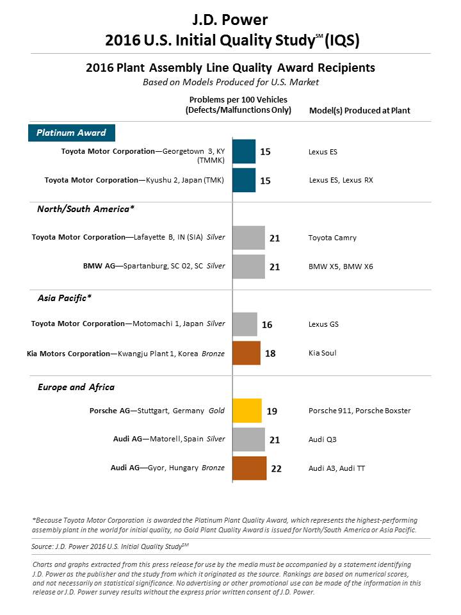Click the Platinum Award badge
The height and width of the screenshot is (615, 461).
[72, 133]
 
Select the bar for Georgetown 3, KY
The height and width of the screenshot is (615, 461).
[244, 151]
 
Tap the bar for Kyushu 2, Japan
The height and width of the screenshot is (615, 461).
[244, 180]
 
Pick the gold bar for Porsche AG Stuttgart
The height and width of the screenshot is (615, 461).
[247, 411]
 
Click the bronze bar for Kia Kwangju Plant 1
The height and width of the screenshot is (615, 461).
[246, 353]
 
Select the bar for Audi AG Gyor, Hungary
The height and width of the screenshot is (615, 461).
[249, 468]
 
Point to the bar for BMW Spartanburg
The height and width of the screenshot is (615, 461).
[248, 266]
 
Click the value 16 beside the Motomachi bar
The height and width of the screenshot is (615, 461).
[267, 325]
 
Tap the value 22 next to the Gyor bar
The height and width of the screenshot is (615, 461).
[277, 469]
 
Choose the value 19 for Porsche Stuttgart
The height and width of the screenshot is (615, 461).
[272, 411]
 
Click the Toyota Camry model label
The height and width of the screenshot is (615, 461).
[332, 238]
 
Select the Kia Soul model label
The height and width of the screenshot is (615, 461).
[322, 353]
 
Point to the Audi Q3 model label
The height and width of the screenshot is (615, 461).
[322, 439]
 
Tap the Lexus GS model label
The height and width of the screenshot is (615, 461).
[323, 324]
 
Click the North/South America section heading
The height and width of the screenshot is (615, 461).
[86, 209]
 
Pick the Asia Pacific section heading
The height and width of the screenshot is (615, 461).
[65, 298]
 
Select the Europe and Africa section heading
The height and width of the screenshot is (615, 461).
[76, 387]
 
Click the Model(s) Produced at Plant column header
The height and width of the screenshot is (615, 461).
[359, 111]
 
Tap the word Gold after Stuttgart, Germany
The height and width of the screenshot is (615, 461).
[216, 411]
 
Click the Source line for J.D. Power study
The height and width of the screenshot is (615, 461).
[109, 546]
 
